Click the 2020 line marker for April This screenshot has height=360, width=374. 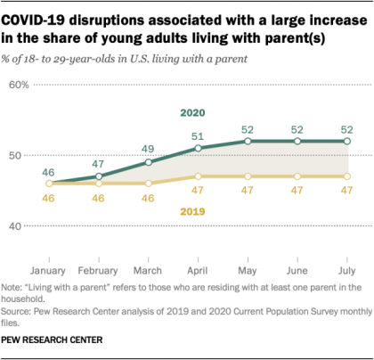(x=198, y=148)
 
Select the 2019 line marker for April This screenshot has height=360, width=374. (x=198, y=176)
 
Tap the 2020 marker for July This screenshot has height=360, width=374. (x=347, y=141)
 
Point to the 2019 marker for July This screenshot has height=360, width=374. (x=347, y=176)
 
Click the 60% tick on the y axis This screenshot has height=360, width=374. (x=20, y=85)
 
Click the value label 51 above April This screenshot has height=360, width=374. (x=198, y=135)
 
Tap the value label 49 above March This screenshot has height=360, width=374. (x=148, y=149)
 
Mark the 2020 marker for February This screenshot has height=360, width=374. (x=99, y=176)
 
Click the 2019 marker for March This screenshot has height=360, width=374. (x=148, y=184)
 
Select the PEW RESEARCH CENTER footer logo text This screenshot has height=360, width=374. (x=53, y=340)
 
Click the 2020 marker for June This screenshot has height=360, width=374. (x=297, y=141)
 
